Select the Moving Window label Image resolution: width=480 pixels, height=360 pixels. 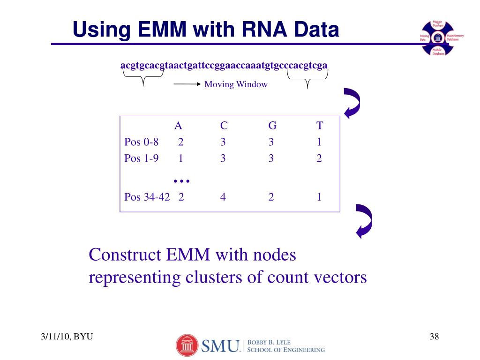click(x=236, y=84)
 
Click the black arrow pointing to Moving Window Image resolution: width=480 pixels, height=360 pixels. click(x=187, y=84)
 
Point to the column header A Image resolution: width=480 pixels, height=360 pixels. click(x=178, y=126)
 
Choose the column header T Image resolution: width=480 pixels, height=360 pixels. click(x=320, y=126)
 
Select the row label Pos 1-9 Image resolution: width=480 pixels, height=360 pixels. click(x=141, y=158)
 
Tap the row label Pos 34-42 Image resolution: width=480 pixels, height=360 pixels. click(x=147, y=197)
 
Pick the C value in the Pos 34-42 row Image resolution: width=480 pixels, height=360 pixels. click(x=224, y=197)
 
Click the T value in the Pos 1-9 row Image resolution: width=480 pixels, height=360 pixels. click(x=319, y=158)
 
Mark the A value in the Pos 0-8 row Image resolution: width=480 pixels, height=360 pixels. click(x=181, y=142)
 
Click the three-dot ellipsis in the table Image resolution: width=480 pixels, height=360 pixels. click(x=181, y=180)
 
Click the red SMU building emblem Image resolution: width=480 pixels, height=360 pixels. click(x=187, y=345)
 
